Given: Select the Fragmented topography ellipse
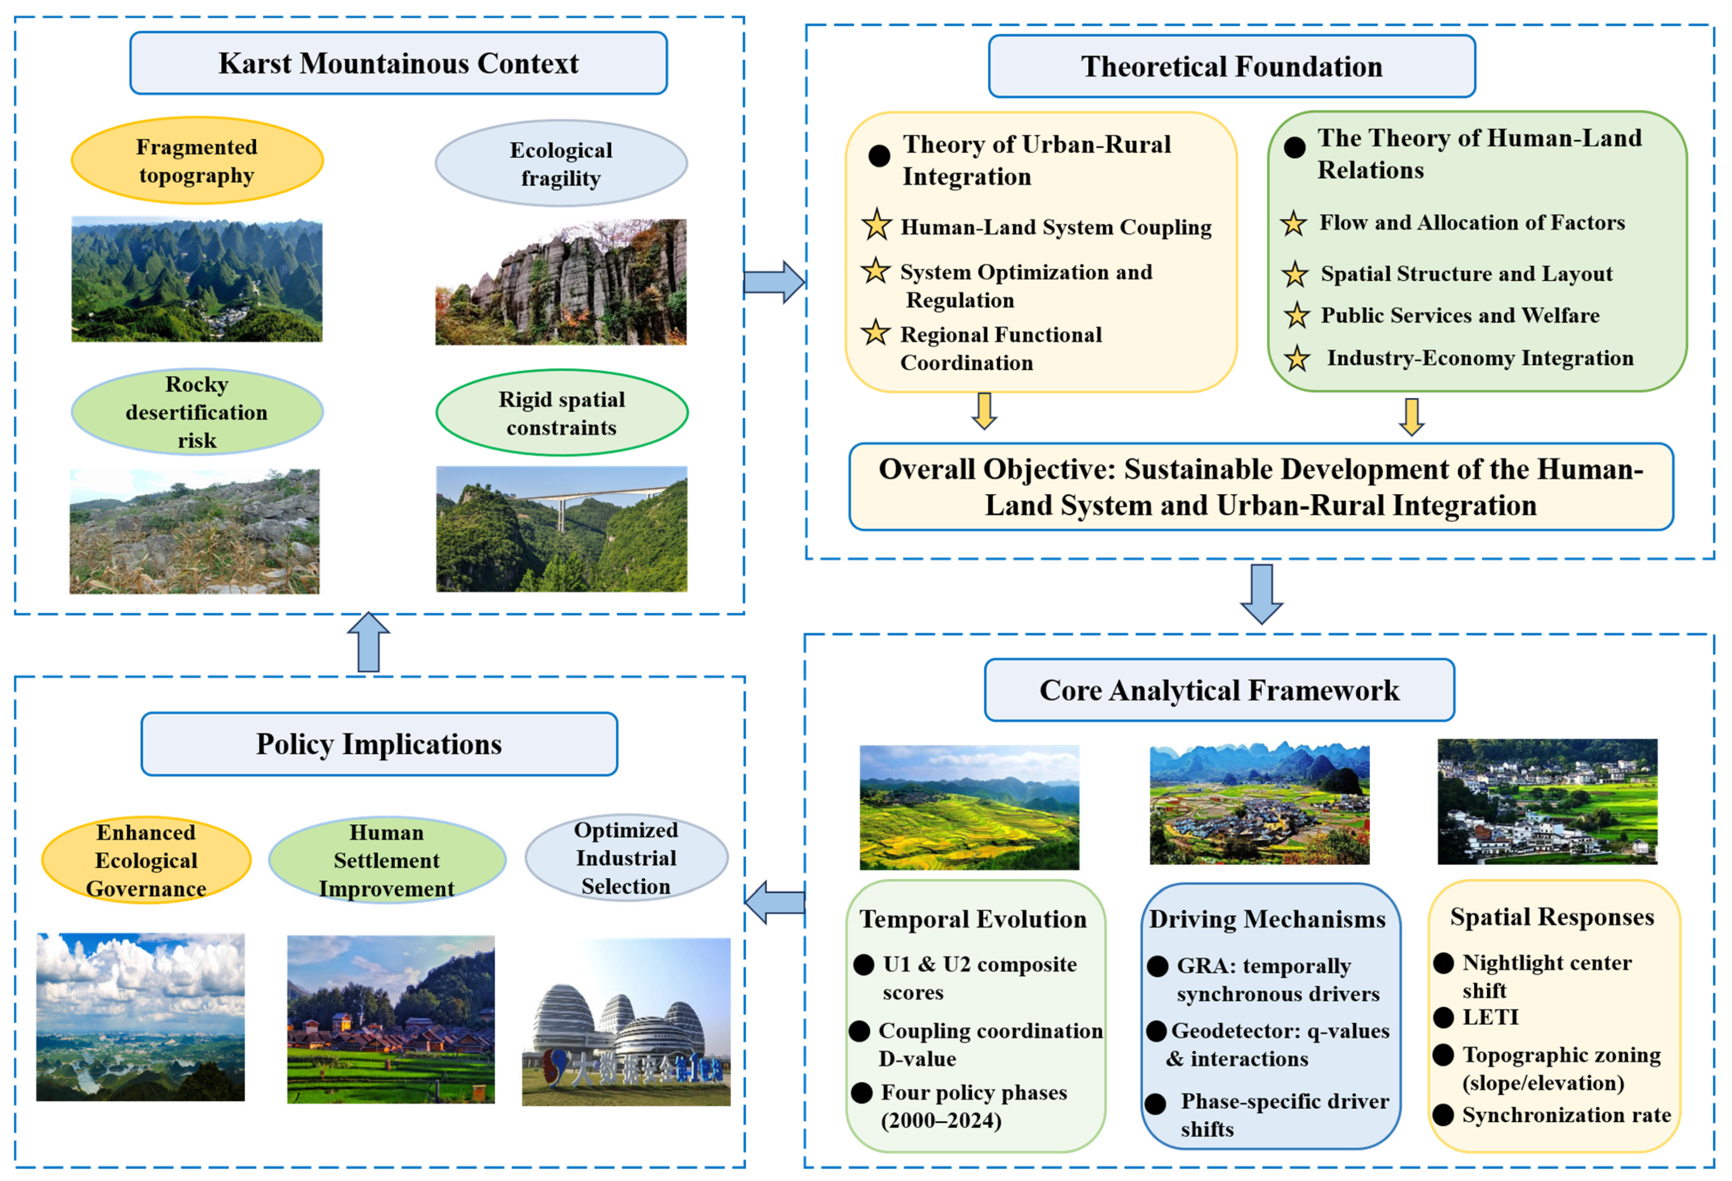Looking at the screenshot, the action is pyautogui.click(x=197, y=160).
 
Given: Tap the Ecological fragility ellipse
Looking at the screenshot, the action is pyautogui.click(x=561, y=163).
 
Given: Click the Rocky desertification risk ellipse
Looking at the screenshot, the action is pyautogui.click(x=197, y=412).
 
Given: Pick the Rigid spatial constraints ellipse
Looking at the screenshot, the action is pyautogui.click(x=562, y=413).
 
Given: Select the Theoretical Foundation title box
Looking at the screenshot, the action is pyautogui.click(x=1232, y=66).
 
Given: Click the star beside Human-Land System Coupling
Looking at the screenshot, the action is pyautogui.click(x=876, y=225).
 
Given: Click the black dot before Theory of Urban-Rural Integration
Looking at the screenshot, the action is pyautogui.click(x=879, y=156).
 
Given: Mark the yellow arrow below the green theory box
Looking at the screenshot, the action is pyautogui.click(x=1411, y=416).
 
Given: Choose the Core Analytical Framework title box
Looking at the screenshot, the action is pyautogui.click(x=1219, y=690).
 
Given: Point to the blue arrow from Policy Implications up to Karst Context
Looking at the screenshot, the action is pyautogui.click(x=369, y=642).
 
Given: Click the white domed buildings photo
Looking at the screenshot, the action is pyautogui.click(x=626, y=1021).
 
